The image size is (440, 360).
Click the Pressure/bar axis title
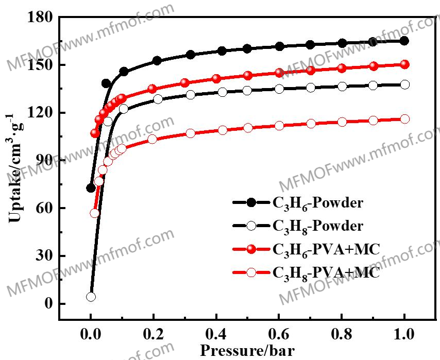[x=247, y=351]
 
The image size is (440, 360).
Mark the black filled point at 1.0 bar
[x=404, y=41]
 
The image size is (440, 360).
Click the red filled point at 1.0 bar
[x=404, y=64]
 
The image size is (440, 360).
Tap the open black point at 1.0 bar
[x=404, y=84]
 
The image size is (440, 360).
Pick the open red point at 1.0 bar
[x=404, y=119]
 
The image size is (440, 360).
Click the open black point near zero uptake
[x=91, y=297]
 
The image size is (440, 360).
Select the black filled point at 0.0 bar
[x=91, y=188]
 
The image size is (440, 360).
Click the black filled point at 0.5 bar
[x=247, y=48]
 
